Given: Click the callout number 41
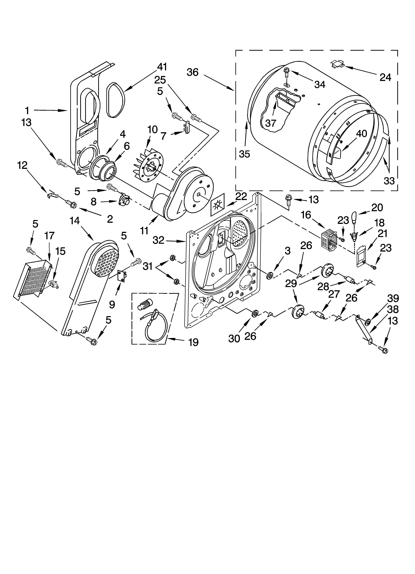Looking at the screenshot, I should click(x=162, y=67).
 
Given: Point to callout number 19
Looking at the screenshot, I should click(x=193, y=342).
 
